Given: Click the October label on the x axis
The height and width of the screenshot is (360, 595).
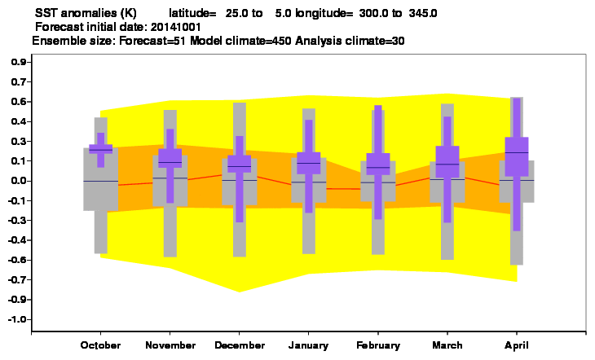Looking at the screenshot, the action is tap(100, 345).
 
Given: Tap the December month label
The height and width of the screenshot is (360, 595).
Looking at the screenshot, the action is tap(240, 345).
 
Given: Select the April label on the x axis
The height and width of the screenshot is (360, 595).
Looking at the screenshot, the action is tap(517, 345).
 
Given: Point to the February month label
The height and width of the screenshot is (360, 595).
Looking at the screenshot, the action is tap(378, 345).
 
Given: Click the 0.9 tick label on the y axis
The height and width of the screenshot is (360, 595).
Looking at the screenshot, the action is tap(19, 62).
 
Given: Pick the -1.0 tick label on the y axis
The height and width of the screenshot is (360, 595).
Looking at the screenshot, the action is tap(17, 319).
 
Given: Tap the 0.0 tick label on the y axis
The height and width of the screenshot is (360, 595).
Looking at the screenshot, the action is tap(19, 181).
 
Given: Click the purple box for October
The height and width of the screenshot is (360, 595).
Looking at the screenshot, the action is tap(100, 149).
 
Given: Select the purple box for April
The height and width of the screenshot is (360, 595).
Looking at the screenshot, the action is tap(517, 156).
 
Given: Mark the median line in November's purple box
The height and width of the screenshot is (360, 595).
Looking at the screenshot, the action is tap(170, 162).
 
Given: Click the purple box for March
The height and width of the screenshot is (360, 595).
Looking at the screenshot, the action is tap(447, 161).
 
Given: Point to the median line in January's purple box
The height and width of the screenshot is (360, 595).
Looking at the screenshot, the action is tap(309, 163).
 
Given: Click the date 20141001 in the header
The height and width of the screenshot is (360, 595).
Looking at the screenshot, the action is tap(176, 27).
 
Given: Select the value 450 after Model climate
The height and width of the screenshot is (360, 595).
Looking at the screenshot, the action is tap(281, 41).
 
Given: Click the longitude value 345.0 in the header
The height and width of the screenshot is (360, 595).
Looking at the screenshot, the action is tap(423, 13).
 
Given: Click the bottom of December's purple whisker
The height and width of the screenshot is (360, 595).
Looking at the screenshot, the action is tap(240, 222).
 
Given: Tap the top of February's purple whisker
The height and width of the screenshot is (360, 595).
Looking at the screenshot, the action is tap(378, 105).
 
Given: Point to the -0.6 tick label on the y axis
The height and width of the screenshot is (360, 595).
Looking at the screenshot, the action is tap(17, 260).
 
